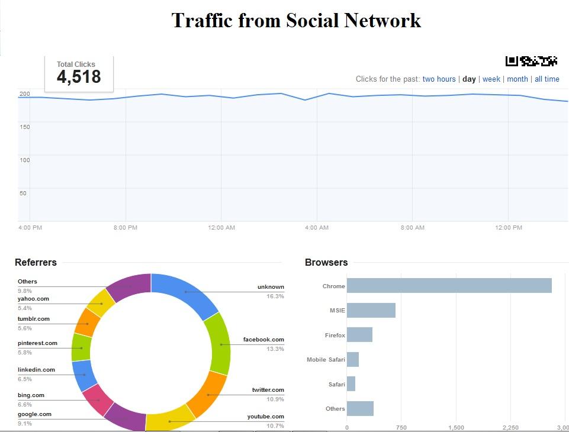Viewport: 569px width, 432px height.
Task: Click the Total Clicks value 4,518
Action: tap(79, 77)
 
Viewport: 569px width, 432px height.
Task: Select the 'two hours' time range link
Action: tap(439, 79)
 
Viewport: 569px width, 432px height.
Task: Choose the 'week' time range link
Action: tap(491, 79)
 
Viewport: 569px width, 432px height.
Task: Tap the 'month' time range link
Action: tap(517, 79)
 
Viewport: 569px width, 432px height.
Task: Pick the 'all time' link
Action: tap(547, 79)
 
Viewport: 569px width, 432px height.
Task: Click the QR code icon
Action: tap(531, 60)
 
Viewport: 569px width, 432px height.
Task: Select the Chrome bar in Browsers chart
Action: tap(449, 286)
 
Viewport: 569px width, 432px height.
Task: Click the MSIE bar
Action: tap(371, 311)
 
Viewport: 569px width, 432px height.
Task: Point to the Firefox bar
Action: tap(359, 335)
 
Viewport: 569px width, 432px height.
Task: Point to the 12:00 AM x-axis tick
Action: tap(221, 228)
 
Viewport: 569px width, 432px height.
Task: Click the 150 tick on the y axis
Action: tap(24, 127)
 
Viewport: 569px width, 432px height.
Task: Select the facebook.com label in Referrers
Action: tap(263, 340)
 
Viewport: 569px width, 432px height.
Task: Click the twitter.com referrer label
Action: tap(268, 390)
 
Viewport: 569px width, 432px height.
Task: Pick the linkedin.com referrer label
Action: tap(36, 370)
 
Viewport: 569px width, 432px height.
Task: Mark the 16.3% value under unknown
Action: tap(275, 296)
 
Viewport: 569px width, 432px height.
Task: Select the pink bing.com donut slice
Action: tap(97, 399)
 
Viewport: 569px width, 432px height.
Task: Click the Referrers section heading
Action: tap(36, 262)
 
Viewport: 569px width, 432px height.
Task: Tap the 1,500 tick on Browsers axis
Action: tap(457, 427)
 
